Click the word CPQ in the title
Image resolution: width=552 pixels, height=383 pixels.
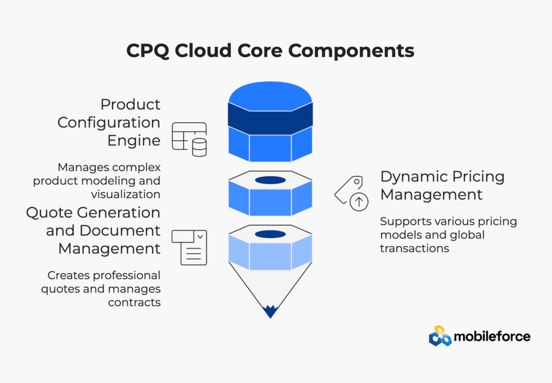click(148, 51)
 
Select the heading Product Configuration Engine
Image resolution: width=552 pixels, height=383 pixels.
click(109, 122)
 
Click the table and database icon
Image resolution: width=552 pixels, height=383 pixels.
click(189, 140)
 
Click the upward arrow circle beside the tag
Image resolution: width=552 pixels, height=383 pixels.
click(358, 202)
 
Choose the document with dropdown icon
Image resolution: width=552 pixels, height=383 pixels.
click(189, 248)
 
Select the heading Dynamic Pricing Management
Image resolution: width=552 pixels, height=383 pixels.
click(443, 186)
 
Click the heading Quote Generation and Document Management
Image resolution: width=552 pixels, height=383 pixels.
click(93, 231)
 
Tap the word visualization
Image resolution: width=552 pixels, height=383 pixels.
click(126, 194)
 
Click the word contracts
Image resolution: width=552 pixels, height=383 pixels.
click(134, 302)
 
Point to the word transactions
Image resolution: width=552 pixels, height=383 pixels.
click(415, 248)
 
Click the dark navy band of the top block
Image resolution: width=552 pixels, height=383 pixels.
click(271, 119)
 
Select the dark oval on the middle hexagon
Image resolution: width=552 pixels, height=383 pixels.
click(271, 180)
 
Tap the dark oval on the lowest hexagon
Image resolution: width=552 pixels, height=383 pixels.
click(271, 234)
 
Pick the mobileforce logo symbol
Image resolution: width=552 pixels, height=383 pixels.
click(440, 336)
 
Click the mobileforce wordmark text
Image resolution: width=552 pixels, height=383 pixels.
click(492, 337)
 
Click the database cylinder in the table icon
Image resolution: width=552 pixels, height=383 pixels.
click(199, 148)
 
